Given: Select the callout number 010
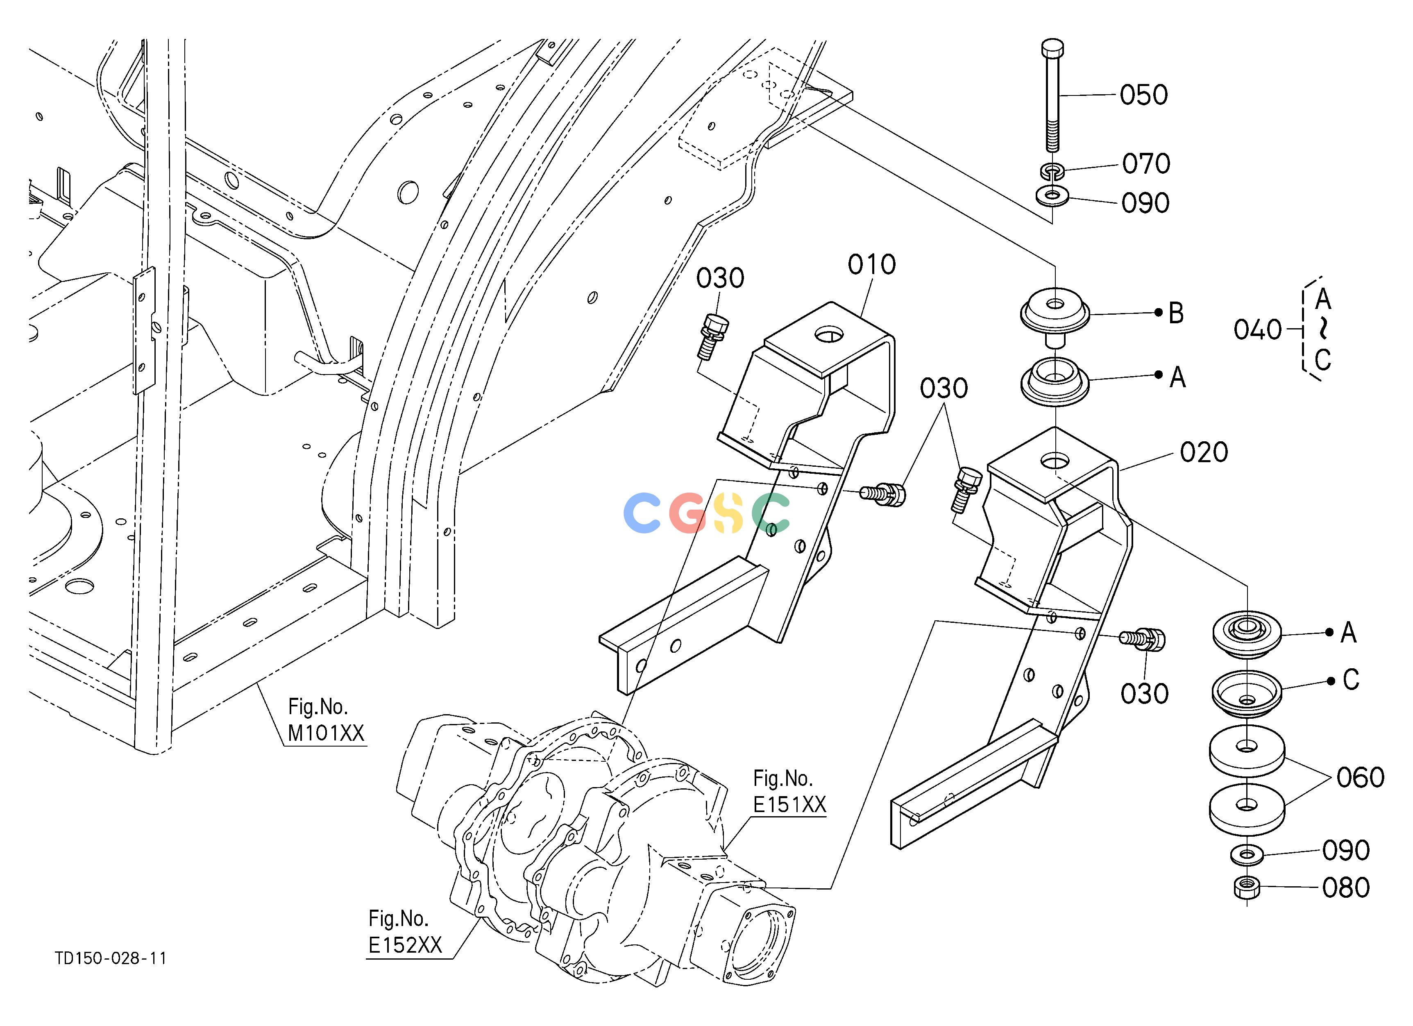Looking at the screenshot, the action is [x=871, y=265].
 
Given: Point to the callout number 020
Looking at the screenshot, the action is [x=1204, y=452].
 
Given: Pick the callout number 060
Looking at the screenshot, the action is [x=1361, y=777].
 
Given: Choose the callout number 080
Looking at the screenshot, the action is [x=1346, y=888].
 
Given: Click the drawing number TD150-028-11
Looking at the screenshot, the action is [x=111, y=958].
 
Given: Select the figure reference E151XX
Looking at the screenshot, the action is [x=789, y=805].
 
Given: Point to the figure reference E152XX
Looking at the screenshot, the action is [x=405, y=945].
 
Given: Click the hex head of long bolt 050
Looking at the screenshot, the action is [x=1052, y=49].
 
